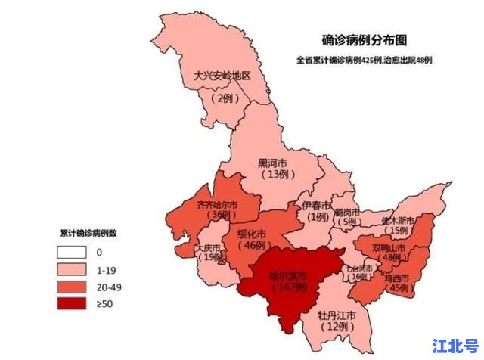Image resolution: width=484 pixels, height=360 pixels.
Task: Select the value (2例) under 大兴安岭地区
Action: click(x=225, y=98)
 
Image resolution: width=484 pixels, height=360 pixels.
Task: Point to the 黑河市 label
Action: click(x=272, y=163)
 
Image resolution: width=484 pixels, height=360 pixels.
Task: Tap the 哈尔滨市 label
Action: click(x=288, y=275)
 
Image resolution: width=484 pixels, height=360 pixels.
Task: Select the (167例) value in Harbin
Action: click(x=288, y=288)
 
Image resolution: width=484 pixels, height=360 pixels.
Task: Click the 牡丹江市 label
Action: click(x=336, y=314)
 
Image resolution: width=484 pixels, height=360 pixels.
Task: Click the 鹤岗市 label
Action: click(x=349, y=211)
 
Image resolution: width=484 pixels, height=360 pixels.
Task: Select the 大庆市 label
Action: click(x=206, y=248)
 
